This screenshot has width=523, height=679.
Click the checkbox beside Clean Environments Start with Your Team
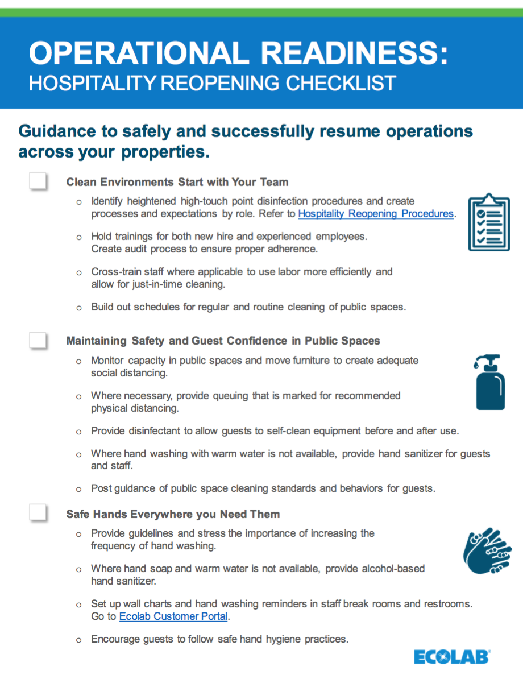[x=38, y=181]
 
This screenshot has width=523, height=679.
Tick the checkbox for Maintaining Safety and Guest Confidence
[x=38, y=340]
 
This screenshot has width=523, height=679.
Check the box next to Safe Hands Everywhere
[x=38, y=513]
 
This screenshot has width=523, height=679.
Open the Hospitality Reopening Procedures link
[x=376, y=214]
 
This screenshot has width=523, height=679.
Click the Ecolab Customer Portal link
[x=173, y=616]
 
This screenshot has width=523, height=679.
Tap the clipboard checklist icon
[x=489, y=222]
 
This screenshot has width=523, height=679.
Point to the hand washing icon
[x=488, y=551]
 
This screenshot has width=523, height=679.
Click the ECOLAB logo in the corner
[x=452, y=657]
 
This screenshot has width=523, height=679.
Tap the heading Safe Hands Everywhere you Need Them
[x=173, y=514]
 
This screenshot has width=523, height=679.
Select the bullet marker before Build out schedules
[x=79, y=308]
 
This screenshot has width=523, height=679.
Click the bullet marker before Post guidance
[x=79, y=488]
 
